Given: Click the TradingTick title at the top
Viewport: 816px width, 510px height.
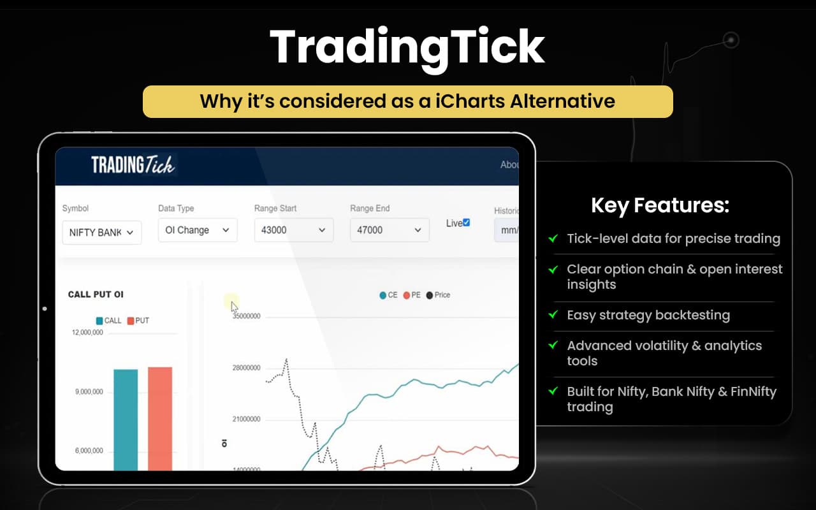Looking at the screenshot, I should pos(407,48).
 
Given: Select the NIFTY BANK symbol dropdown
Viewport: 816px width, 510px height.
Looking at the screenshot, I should pos(101,232).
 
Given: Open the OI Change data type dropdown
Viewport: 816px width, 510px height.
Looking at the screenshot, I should pos(197,230).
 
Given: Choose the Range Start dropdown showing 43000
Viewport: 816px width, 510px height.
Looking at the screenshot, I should pos(293,230).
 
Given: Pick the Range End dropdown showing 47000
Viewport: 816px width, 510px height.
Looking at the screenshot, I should pos(389,230).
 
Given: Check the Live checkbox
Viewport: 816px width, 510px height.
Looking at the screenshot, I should pos(466,222).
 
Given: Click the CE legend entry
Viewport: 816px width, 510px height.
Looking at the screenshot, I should pos(388,295).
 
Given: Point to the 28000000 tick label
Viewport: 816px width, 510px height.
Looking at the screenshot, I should pos(245,368).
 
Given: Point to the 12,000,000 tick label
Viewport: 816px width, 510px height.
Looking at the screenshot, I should pos(88,332).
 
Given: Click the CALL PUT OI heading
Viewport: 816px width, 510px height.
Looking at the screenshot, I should pos(96,295).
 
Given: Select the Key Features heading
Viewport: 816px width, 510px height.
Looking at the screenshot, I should pos(660,205).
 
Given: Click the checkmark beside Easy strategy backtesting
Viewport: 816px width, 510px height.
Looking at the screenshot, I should pos(553,315).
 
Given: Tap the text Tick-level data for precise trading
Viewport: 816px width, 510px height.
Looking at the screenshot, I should pos(673,238).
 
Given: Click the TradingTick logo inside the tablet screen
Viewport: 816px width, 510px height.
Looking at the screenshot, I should pos(133,165).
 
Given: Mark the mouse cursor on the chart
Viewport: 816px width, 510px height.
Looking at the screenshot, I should pos(234,306).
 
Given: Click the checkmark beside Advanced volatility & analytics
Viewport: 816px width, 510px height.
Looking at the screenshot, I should pos(553,346).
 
